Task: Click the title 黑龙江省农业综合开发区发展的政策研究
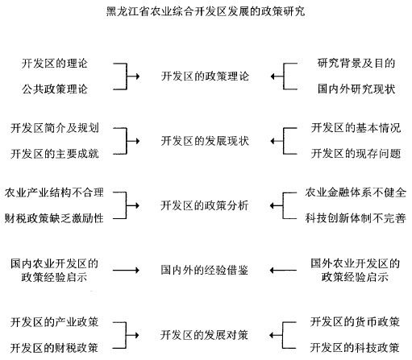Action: pos(206,11)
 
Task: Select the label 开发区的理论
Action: pos(55,64)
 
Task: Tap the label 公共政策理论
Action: pos(55,89)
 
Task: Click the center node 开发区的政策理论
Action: pos(205,77)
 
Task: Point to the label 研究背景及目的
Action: pos(356,64)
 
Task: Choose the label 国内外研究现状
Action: pos(356,89)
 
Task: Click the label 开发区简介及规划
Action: pos(55,128)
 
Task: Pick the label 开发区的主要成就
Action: pos(55,154)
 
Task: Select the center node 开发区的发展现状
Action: pos(205,141)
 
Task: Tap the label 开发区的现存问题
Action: pos(356,154)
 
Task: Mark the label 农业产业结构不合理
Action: pos(54,192)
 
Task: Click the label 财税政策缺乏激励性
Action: pos(54,218)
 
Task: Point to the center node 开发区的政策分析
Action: pos(205,205)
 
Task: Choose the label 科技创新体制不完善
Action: pos(356,218)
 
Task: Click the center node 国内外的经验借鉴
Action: pos(204,270)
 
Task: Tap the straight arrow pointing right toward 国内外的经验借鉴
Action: pos(126,270)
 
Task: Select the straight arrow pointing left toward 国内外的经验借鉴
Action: pos(283,270)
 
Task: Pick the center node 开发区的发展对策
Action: pos(204,335)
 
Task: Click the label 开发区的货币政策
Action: pos(355,322)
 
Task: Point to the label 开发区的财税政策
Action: pos(54,348)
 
